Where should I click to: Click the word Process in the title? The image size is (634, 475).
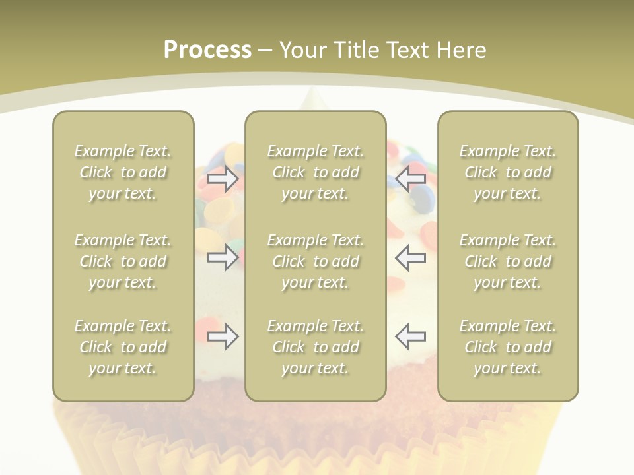click(207, 50)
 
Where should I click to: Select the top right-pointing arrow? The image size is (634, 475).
click(223, 179)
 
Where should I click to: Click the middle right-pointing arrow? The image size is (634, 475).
click(223, 257)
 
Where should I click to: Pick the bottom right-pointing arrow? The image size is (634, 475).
click(223, 336)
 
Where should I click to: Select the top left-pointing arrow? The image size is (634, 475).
click(410, 179)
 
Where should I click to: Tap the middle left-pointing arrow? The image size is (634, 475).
click(410, 257)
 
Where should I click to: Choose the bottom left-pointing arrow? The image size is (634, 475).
click(410, 336)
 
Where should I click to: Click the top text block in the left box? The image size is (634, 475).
click(123, 172)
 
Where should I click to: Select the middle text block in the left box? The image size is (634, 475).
click(123, 261)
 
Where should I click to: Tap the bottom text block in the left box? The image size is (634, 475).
click(123, 347)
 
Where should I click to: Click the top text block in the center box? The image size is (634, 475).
click(315, 172)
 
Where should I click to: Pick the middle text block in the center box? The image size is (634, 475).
click(315, 261)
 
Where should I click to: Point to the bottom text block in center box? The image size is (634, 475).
click(315, 347)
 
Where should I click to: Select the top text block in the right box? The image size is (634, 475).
click(507, 172)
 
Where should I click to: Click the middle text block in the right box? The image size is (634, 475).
click(507, 261)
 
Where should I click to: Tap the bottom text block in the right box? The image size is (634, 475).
click(507, 347)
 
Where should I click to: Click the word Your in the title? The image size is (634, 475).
click(302, 50)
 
